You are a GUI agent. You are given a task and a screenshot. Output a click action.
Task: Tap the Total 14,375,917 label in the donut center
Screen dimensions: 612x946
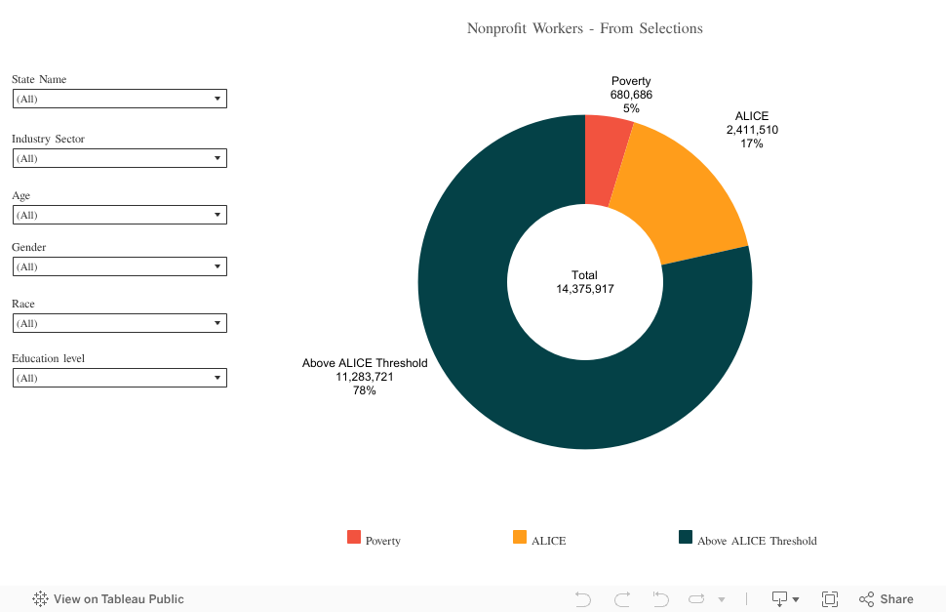pyautogui.click(x=585, y=282)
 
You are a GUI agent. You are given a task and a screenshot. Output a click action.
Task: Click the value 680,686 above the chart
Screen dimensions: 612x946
pyautogui.click(x=631, y=95)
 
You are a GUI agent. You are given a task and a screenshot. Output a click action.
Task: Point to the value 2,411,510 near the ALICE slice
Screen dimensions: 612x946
pyautogui.click(x=752, y=130)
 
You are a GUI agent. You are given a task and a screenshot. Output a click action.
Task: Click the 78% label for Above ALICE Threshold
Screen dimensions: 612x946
pyautogui.click(x=365, y=390)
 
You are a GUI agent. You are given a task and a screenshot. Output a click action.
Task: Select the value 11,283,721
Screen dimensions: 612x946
pyautogui.click(x=365, y=377)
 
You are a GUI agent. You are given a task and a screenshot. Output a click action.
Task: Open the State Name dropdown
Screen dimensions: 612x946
pyautogui.click(x=120, y=99)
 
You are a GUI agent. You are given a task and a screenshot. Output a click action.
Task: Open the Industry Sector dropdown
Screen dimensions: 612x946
pyautogui.click(x=120, y=158)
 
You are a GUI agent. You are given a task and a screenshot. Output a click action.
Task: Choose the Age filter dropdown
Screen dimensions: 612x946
pyautogui.click(x=120, y=215)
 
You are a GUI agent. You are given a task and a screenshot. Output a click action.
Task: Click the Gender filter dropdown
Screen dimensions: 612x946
pyautogui.click(x=120, y=266)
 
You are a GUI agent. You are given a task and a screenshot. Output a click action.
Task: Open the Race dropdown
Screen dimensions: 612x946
pyautogui.click(x=120, y=323)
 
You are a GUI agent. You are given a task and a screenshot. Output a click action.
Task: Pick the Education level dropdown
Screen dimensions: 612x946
pyautogui.click(x=120, y=378)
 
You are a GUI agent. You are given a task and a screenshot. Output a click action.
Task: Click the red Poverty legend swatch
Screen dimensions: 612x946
pyautogui.click(x=354, y=537)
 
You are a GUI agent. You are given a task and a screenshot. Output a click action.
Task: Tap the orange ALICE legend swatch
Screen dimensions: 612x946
pyautogui.click(x=520, y=537)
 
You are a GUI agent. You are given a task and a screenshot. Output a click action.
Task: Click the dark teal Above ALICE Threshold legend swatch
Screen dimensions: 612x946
pyautogui.click(x=686, y=537)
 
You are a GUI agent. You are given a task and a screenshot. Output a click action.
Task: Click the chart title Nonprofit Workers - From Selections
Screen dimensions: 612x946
pyautogui.click(x=585, y=28)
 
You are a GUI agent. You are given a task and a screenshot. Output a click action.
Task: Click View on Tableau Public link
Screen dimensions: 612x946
pyautogui.click(x=108, y=599)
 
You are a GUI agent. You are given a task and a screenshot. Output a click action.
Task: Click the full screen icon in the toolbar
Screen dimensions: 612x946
pyautogui.click(x=830, y=599)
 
